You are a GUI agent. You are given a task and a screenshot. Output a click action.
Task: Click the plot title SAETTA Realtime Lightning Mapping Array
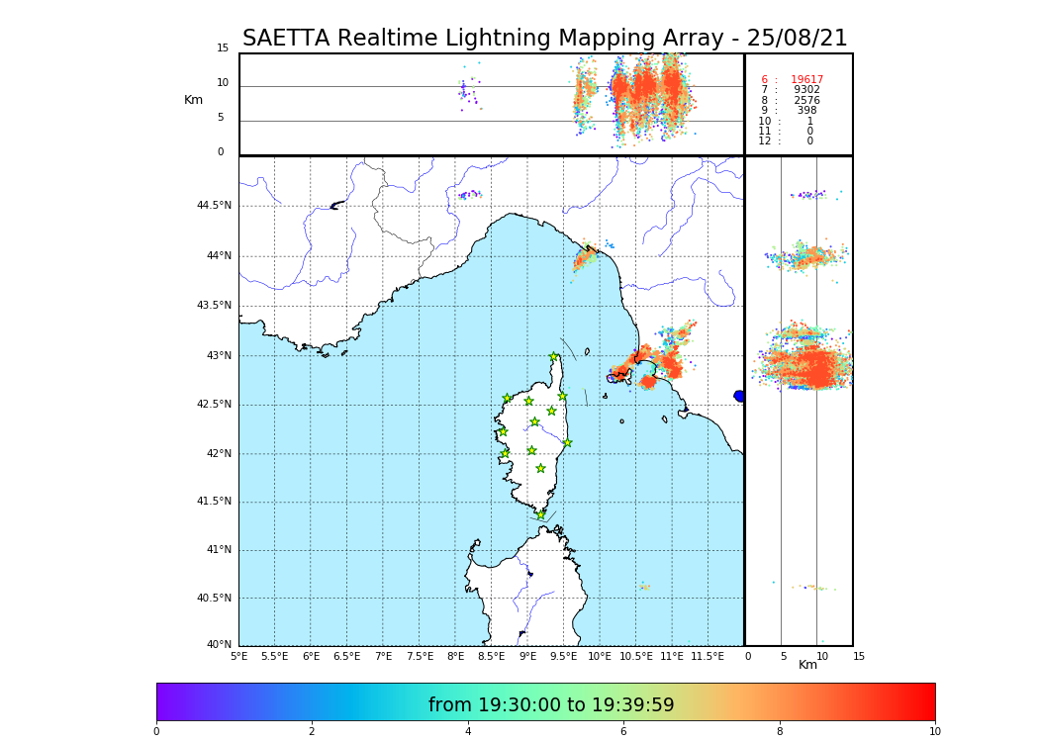(x=544, y=39)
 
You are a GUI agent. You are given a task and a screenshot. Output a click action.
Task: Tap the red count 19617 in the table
(x=806, y=80)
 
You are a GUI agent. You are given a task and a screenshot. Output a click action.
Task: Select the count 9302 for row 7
(x=806, y=90)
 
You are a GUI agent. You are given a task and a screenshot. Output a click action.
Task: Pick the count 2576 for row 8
(x=806, y=101)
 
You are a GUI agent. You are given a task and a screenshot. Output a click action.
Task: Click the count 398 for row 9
(x=806, y=111)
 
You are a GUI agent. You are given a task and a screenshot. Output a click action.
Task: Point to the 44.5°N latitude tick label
(x=214, y=206)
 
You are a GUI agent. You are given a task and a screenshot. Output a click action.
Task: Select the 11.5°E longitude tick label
(x=708, y=656)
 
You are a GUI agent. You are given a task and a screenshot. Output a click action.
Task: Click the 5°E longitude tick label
(x=238, y=656)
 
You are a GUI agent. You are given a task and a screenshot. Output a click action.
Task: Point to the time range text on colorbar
(x=551, y=705)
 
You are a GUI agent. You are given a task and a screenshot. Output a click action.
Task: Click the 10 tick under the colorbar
(x=934, y=732)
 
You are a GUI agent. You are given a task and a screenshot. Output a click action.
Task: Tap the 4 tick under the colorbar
(x=468, y=732)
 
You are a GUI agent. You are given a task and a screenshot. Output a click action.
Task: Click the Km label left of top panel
(x=193, y=100)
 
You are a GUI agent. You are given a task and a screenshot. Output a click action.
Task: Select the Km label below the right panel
(x=807, y=665)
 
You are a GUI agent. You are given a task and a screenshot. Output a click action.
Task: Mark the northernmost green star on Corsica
(x=554, y=357)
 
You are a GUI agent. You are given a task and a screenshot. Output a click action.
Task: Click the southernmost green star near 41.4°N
(x=540, y=514)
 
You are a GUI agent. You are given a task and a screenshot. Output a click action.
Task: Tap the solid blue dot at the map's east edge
(x=739, y=396)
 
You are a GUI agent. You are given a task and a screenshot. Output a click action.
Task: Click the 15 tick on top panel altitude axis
(x=223, y=48)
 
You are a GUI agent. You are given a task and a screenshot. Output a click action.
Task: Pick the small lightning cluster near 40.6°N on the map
(x=644, y=587)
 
